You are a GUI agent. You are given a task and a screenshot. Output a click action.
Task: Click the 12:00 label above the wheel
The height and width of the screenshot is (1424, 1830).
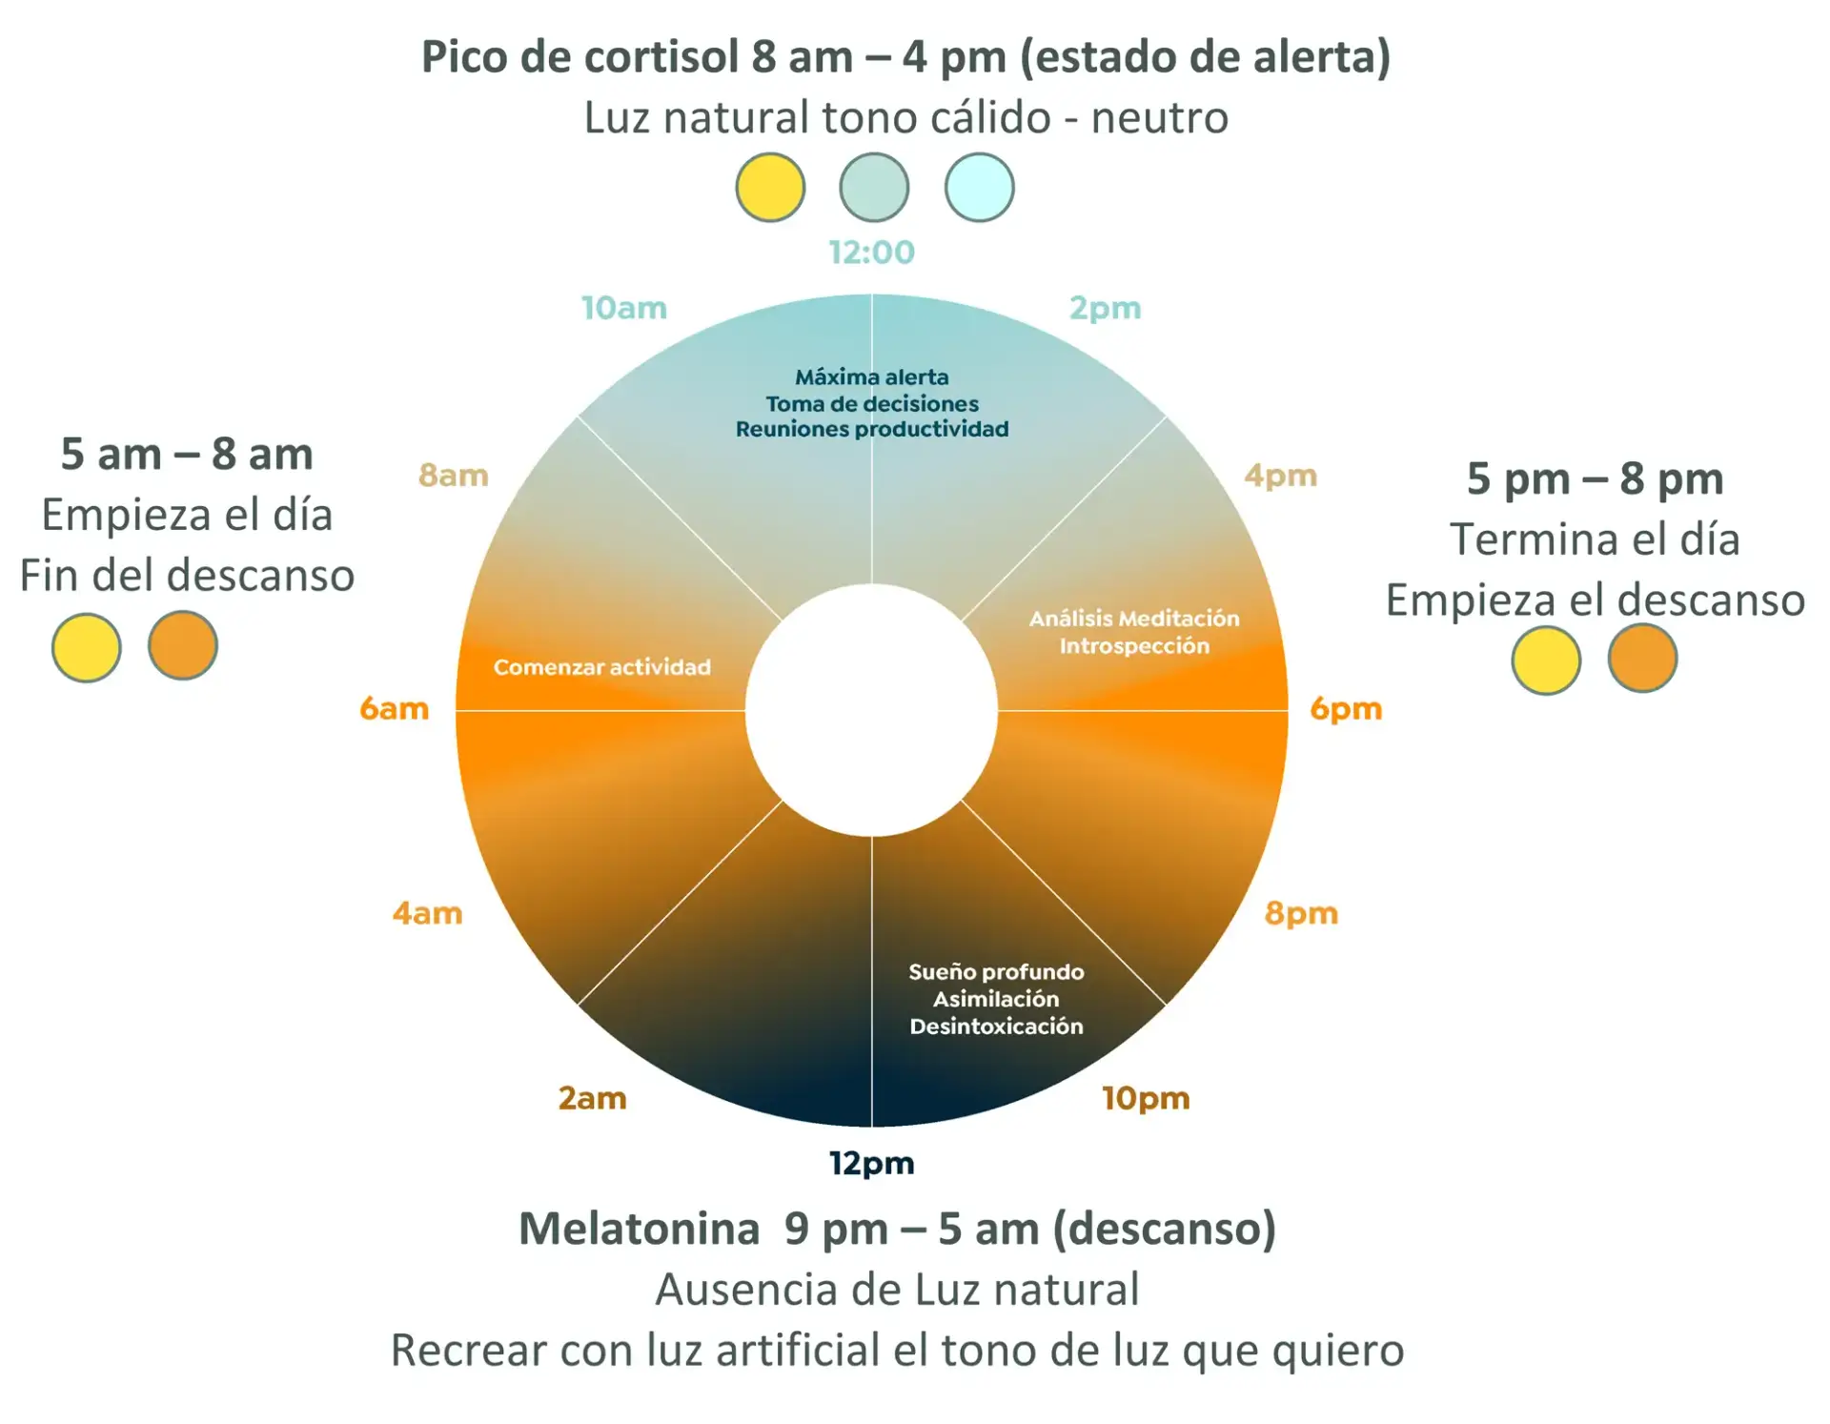pos(871,253)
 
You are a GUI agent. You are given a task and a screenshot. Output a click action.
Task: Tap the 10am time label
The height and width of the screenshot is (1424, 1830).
pos(624,308)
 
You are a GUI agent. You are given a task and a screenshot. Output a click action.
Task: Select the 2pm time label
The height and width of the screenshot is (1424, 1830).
pos(1105,309)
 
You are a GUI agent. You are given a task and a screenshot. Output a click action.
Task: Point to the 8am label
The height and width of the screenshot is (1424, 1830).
pos(454,475)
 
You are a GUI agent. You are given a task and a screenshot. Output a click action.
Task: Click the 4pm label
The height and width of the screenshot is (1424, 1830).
pos(1280,476)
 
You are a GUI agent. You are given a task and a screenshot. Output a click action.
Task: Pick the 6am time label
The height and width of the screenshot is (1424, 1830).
pos(394,708)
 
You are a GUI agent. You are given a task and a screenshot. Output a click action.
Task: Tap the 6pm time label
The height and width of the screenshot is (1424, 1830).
pos(1346,709)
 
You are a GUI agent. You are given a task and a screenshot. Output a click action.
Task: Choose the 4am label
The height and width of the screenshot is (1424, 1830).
pos(427,913)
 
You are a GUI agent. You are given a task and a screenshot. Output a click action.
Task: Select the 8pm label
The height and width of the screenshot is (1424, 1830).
pos(1301,914)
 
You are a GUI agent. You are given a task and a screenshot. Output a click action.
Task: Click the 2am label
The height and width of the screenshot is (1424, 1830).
pos(592,1098)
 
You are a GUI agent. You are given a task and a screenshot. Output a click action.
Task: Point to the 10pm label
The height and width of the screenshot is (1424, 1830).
pos(1146,1099)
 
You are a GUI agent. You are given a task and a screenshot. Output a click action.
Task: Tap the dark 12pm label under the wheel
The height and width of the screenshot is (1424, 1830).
pos(871,1164)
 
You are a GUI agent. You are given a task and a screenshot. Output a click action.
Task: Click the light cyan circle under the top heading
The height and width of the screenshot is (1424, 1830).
pos(979,187)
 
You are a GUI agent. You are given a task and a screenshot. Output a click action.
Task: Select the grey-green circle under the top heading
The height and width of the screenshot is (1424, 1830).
pos(874,187)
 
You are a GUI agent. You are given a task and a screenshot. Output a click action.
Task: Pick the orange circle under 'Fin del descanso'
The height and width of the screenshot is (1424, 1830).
pos(183,645)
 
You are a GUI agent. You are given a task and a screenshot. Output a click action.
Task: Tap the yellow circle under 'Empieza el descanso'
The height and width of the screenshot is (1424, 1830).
pos(1546,660)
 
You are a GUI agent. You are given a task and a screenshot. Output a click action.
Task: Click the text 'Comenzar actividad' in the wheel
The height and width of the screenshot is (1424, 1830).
pos(602,667)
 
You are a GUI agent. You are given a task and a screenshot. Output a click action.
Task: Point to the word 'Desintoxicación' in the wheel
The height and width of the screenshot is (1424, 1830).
pos(996,1027)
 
